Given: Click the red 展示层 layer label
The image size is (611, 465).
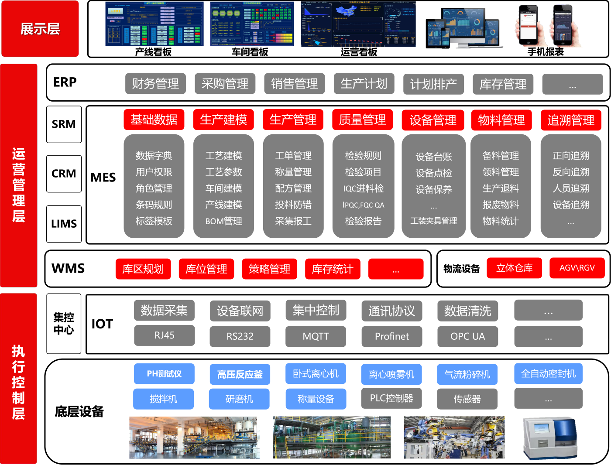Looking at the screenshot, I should [x=40, y=29].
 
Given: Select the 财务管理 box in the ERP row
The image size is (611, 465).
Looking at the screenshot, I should [x=155, y=84].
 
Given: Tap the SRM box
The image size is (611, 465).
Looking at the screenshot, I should [x=64, y=124].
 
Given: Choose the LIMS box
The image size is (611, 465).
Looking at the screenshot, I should [x=64, y=224].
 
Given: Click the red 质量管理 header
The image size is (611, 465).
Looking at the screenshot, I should [x=362, y=120].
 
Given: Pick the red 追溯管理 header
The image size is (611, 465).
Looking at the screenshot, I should [x=571, y=120].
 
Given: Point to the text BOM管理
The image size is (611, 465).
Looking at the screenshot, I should [x=223, y=221].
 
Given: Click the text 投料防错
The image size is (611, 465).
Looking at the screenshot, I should [x=293, y=205].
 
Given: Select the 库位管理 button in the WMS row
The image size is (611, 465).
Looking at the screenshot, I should [x=206, y=269].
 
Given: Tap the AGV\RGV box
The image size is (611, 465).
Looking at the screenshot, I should [x=577, y=268].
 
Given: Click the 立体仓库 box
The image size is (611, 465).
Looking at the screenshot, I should [x=514, y=268].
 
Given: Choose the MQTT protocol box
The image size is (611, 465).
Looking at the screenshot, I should [x=316, y=336].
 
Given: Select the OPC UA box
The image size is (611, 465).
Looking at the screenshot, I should [x=467, y=336].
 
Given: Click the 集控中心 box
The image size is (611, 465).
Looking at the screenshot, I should [x=64, y=323].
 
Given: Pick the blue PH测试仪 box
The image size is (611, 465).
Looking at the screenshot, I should [x=164, y=374].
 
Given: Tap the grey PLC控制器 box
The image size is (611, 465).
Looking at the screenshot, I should [x=391, y=398].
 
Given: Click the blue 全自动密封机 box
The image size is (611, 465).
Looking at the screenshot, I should [x=548, y=374].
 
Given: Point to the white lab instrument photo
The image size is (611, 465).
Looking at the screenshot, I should [x=549, y=438].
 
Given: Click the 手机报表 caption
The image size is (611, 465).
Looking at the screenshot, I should [x=546, y=52].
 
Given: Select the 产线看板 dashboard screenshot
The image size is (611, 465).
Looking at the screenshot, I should [x=154, y=24].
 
